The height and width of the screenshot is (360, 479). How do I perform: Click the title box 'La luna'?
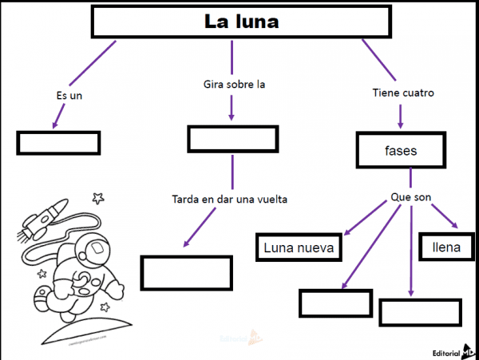(242, 22)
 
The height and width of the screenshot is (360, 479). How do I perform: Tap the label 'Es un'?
(69, 96)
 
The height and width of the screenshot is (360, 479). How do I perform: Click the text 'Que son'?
(411, 196)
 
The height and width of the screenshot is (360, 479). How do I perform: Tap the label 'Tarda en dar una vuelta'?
(229, 199)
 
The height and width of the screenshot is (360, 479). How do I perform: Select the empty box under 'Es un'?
(57, 142)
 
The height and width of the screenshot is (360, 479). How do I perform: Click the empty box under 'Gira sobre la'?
(233, 139)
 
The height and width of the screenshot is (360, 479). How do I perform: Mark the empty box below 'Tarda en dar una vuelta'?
(186, 272)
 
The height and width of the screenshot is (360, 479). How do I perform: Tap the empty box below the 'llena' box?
(420, 312)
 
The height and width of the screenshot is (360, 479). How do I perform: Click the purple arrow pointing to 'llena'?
(444, 218)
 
